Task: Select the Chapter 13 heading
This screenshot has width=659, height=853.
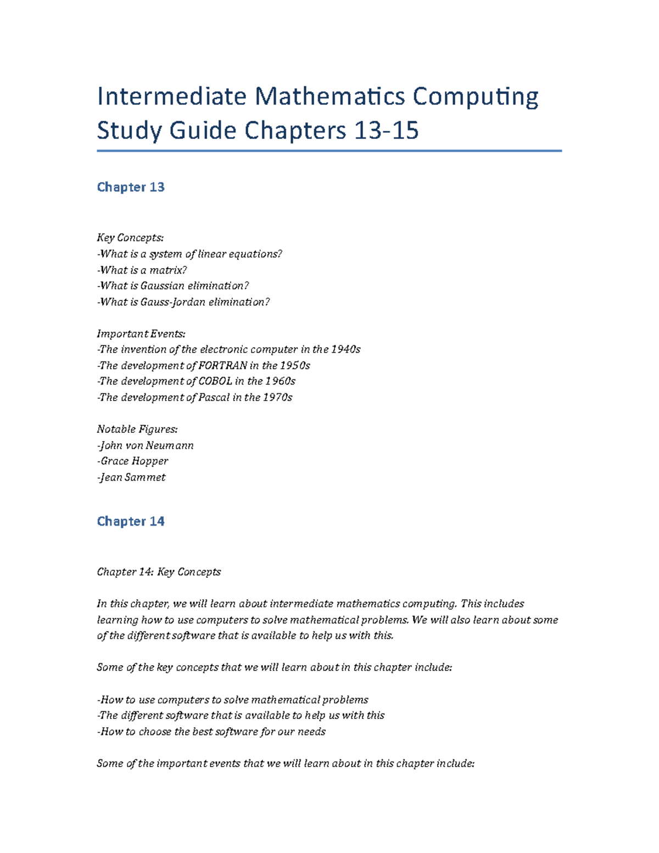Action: click(x=131, y=187)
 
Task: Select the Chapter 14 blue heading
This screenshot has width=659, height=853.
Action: click(x=131, y=521)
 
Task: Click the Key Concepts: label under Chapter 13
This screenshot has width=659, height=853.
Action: click(x=130, y=238)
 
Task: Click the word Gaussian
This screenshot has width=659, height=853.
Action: click(x=162, y=286)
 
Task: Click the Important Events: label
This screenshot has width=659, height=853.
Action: click(x=141, y=334)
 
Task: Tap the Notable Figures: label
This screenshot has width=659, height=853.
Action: click(x=137, y=430)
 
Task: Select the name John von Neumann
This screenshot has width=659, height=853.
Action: click(x=146, y=445)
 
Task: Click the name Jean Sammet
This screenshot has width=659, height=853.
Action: click(x=132, y=477)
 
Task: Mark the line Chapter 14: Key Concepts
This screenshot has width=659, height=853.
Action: click(x=159, y=572)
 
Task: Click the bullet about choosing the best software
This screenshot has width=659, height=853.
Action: click(x=212, y=732)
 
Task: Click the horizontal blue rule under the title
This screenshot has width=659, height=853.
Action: click(x=329, y=150)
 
